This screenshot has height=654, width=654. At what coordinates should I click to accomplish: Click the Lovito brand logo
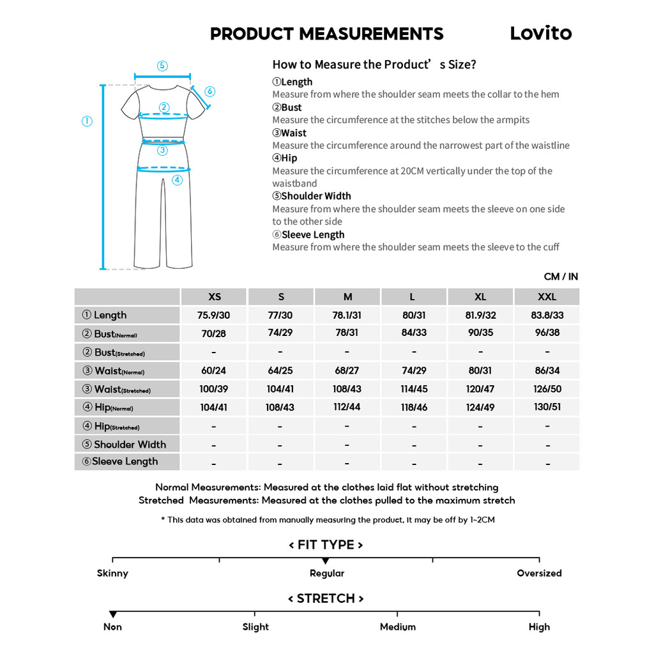point(540,33)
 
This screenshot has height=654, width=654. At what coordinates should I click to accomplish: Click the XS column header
point(215,296)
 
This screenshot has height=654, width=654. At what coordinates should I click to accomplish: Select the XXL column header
point(547,296)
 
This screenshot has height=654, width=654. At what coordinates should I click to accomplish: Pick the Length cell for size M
point(347,315)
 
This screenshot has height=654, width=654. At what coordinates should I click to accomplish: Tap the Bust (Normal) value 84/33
point(414,333)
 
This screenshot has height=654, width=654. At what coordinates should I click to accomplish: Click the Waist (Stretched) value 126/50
point(547,389)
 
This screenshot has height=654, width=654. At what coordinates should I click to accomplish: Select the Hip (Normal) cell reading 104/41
point(213,407)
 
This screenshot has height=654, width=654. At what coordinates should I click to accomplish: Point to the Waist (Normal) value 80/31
point(480,370)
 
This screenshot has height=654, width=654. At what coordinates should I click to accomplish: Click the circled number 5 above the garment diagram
point(162,66)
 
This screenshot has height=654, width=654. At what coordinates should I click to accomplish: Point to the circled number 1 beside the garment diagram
point(87,121)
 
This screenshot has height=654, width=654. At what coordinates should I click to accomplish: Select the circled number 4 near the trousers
point(177,180)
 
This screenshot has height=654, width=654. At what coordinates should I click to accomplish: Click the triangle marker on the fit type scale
point(326,561)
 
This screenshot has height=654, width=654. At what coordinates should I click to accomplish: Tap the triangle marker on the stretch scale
point(113,614)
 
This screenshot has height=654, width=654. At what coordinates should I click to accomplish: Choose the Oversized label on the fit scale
point(539,573)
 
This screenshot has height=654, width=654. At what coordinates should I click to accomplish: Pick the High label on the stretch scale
point(539,627)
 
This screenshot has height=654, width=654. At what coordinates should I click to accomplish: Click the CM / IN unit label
point(561,277)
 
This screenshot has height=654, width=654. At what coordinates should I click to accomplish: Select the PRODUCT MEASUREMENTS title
point(326,34)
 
